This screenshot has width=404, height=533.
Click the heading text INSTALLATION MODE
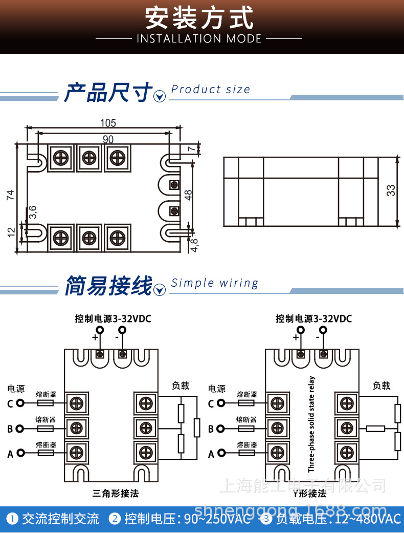(199, 39)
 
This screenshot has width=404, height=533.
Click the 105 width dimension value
(108, 123)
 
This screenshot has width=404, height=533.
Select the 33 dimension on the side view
(391, 190)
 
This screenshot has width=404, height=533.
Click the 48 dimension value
(188, 195)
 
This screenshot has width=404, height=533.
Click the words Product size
(211, 90)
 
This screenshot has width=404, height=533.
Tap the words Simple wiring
(215, 283)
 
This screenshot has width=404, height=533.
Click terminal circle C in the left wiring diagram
(20, 403)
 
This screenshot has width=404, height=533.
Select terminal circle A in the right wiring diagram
(221, 453)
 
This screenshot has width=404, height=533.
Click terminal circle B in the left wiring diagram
(20, 429)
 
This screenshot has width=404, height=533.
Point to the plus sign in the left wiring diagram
(95, 337)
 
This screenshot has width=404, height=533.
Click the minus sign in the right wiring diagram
(318, 337)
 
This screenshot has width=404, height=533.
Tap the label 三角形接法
(116, 494)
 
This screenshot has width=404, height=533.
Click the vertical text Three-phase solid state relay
(312, 424)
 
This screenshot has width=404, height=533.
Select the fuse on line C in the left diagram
(46, 403)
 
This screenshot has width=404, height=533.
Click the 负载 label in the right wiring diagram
(381, 386)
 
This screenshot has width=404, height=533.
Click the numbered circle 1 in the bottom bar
(12, 519)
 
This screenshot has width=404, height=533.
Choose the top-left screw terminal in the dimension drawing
(61, 157)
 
